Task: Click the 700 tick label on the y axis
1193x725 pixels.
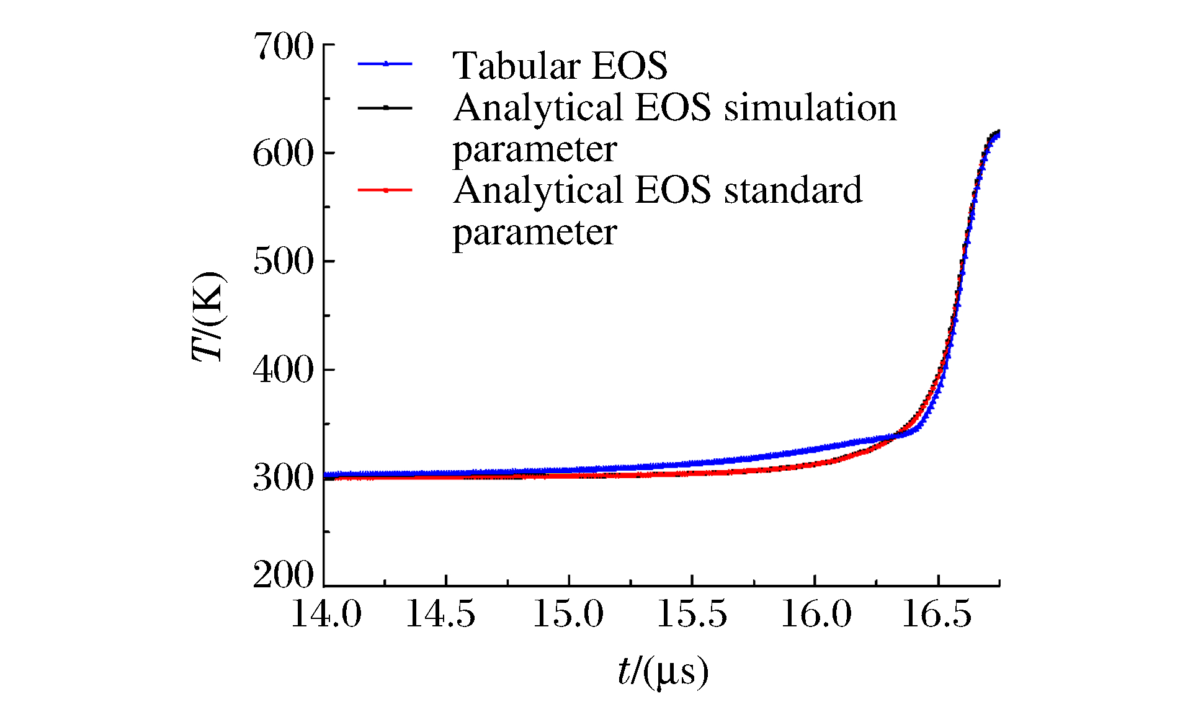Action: click(x=284, y=47)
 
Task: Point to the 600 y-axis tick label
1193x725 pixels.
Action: click(x=284, y=154)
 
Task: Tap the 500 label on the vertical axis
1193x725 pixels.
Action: click(x=284, y=262)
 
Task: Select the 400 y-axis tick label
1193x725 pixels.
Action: click(x=284, y=370)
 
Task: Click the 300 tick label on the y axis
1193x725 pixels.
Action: click(x=284, y=478)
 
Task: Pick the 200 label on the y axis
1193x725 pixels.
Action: click(x=284, y=575)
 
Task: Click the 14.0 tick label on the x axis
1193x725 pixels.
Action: click(x=326, y=614)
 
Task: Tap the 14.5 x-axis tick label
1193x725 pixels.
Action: click(x=440, y=614)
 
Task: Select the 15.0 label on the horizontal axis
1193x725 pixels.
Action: click(x=568, y=614)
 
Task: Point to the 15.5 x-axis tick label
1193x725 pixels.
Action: click(x=692, y=614)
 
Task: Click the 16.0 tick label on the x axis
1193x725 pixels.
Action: click(x=816, y=614)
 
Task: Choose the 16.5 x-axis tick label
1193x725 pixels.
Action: click(x=937, y=614)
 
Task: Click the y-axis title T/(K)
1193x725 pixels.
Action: click(x=208, y=316)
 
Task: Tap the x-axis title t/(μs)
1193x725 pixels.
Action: click(x=663, y=672)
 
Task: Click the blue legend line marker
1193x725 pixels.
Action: click(x=385, y=63)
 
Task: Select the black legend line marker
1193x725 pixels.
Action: click(x=385, y=107)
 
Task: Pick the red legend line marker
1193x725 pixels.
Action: click(x=385, y=190)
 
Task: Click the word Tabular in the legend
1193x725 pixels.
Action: click(x=517, y=65)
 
